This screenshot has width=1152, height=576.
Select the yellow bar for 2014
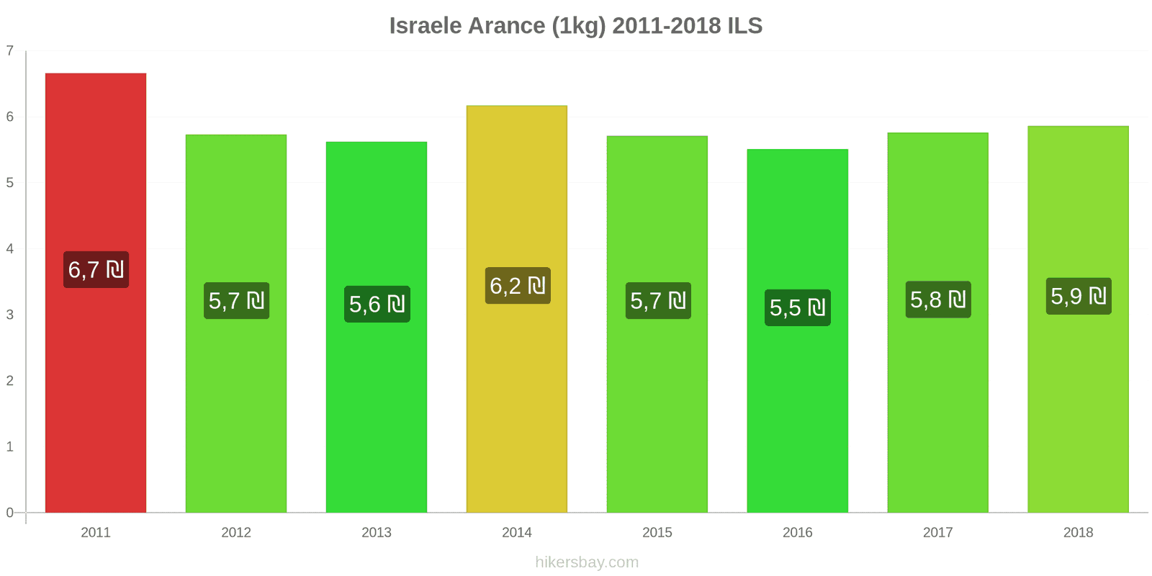coord(517,396)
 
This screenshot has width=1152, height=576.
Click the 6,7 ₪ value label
coord(96,270)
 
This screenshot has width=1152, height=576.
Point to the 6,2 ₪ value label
coord(518,286)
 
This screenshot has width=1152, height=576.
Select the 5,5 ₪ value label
coord(798,307)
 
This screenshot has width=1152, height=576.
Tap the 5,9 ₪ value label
coord(1079,296)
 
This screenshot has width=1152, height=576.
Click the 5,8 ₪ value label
coord(938,300)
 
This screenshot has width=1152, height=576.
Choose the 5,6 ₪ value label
coord(377,304)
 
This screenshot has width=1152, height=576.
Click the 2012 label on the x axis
coord(236,533)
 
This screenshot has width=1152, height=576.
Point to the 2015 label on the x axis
coord(657,533)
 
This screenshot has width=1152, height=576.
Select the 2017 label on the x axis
coord(937,533)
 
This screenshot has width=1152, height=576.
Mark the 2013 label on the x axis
coord(377,533)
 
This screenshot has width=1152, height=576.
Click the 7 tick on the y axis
coord(10,51)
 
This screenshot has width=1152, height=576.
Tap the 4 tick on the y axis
coord(10,249)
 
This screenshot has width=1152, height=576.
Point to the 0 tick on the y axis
coord(10,513)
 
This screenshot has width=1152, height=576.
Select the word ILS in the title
coord(744,26)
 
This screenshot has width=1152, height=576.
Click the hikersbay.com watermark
coord(587,562)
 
